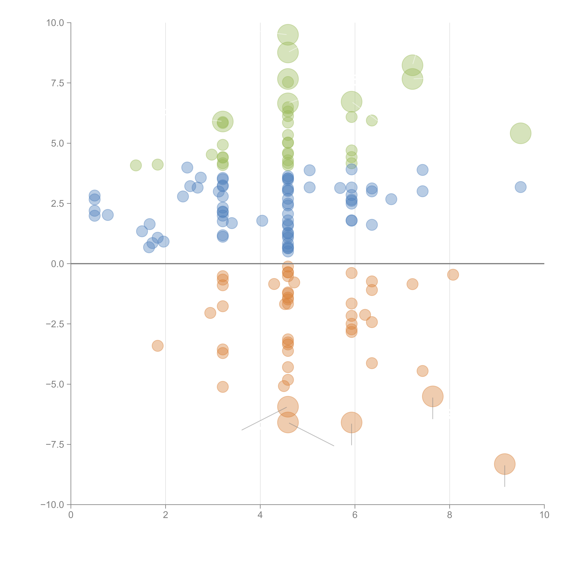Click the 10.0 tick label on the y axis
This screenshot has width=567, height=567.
55,23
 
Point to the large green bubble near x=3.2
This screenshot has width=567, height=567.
223,121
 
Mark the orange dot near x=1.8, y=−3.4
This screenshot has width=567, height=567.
158,346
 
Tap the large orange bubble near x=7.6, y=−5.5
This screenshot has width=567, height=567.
433,396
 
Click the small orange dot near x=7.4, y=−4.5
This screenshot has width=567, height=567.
422,371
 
